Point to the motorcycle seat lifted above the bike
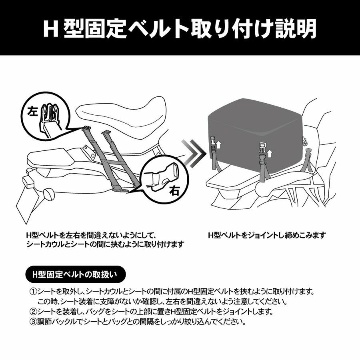pos(121,118)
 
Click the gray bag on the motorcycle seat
pos(256,136)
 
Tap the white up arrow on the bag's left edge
pos(219,145)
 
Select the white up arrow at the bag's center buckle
pos(270,153)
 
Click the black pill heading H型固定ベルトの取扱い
pos(76,274)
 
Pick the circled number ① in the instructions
pos(34,292)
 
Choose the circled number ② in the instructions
pos(34,312)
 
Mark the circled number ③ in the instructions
pos(34,322)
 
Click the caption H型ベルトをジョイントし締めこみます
pos(267,235)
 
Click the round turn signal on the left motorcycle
pos(49,194)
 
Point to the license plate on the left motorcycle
pos(27,202)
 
